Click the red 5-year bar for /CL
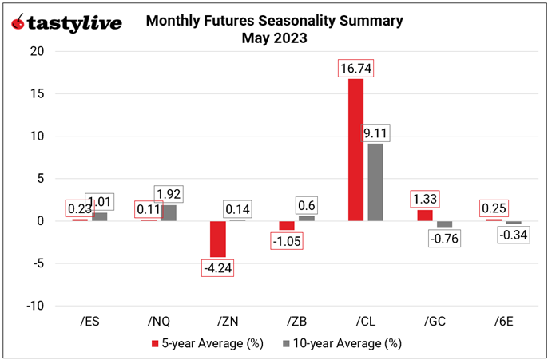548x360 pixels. tap(355, 149)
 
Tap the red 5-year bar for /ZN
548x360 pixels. tap(217, 239)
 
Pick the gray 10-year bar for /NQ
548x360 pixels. tap(168, 212)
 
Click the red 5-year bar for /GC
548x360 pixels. tap(424, 215)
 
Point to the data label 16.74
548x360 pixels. tap(355, 69)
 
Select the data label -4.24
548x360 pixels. tap(217, 267)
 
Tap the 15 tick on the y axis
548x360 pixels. tap(38, 93)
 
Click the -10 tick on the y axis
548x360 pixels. tap(35, 306)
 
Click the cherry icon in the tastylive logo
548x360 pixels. tap(18, 22)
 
